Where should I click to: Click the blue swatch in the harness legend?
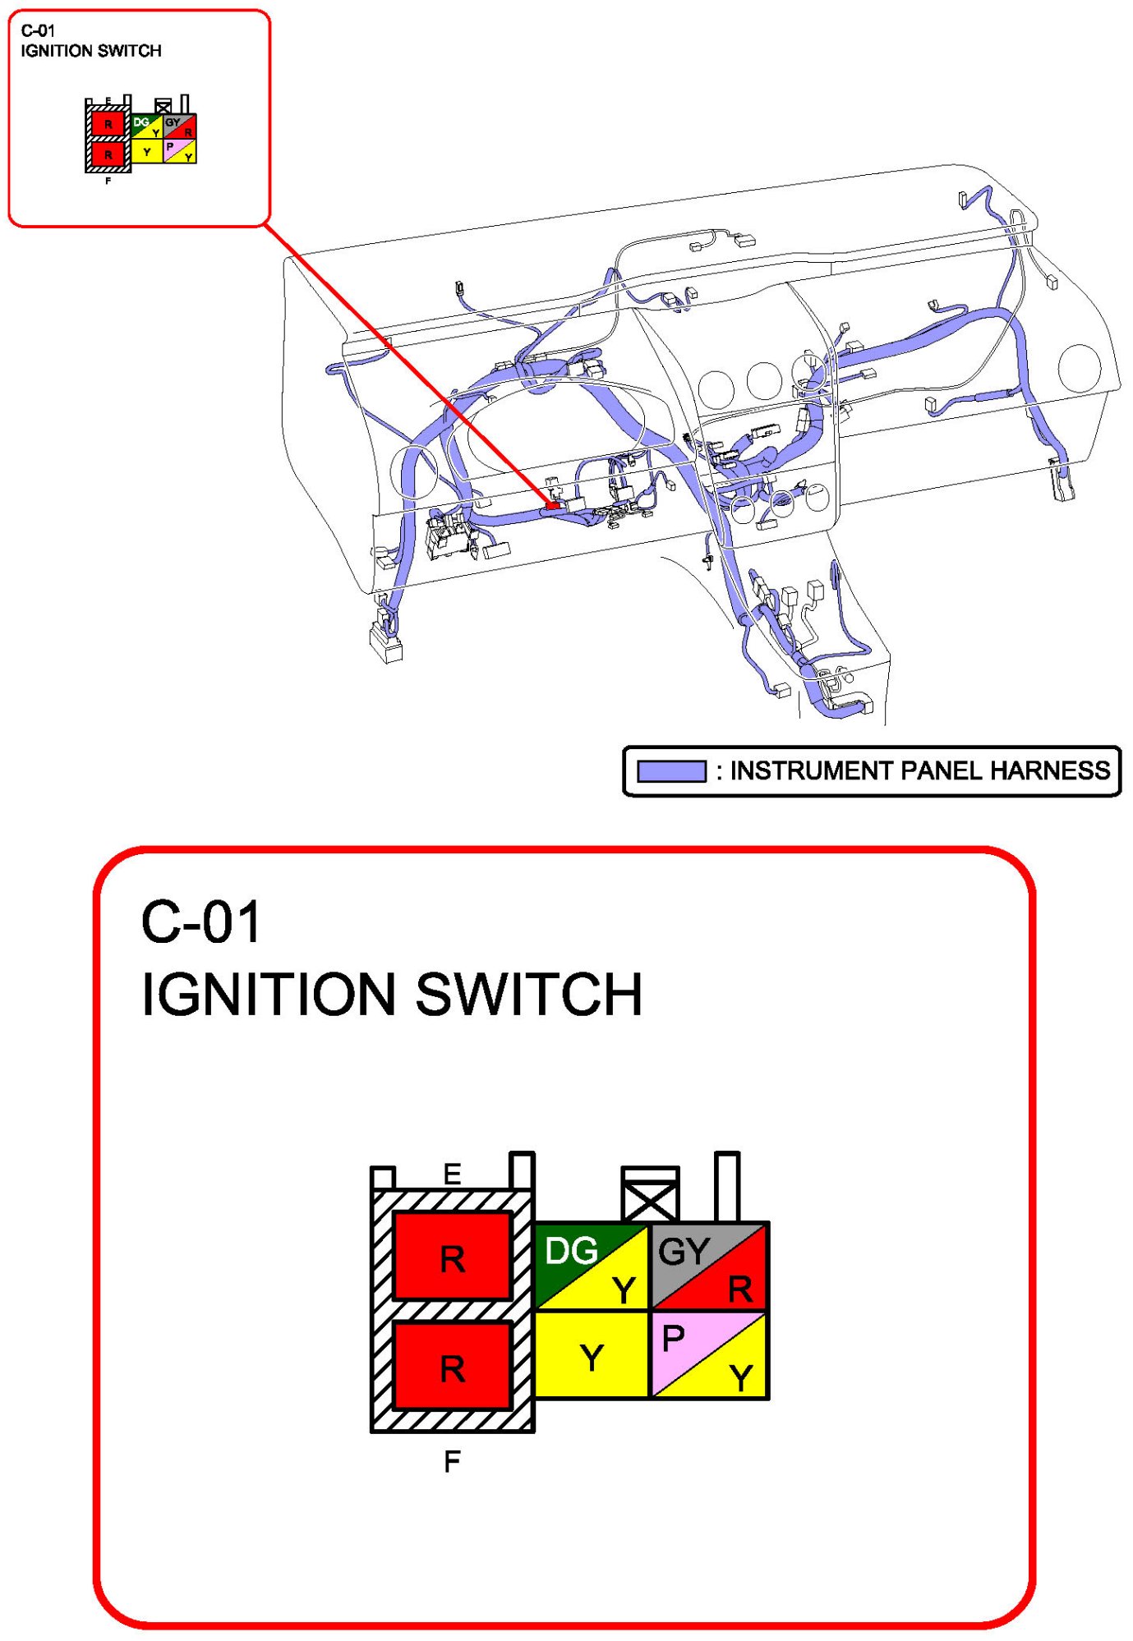tap(671, 771)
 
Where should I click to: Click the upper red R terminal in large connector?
tap(453, 1257)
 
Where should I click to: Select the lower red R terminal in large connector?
tap(453, 1367)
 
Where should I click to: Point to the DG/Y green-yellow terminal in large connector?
tap(592, 1266)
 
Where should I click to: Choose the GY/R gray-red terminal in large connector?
tap(708, 1266)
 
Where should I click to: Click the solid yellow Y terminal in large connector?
tap(592, 1356)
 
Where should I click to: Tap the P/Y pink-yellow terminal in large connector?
tap(708, 1356)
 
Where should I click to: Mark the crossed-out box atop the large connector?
tap(650, 1195)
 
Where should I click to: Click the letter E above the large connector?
tap(452, 1174)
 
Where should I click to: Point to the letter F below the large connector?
tap(452, 1461)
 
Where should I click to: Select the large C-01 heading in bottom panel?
tap(201, 922)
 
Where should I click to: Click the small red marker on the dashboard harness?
tap(553, 505)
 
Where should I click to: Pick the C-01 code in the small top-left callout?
tap(38, 31)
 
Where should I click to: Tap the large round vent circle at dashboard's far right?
tap(1079, 368)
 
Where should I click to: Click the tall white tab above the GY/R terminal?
tap(727, 1186)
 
